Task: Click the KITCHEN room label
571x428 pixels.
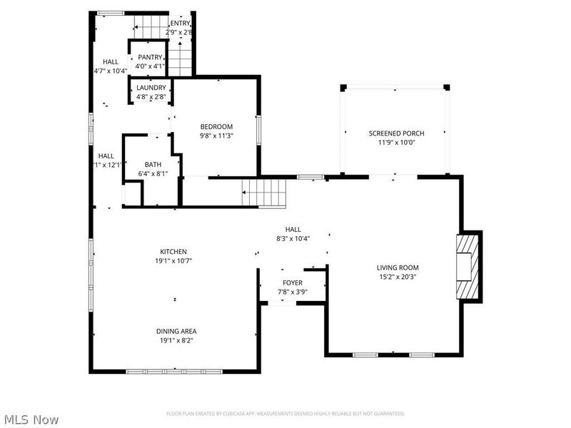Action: coord(173,252)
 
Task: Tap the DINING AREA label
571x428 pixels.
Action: coord(176,331)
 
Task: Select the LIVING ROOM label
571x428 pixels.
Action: coord(397,267)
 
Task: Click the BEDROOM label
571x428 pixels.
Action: coord(216,126)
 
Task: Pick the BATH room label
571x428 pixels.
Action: coord(153,164)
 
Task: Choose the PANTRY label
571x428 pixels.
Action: coord(151,57)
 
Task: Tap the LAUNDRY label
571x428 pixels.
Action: coord(151,88)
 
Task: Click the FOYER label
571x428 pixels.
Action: coord(293,283)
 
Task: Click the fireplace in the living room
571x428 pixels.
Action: coord(466,266)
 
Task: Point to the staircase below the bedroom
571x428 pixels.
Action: coord(264,192)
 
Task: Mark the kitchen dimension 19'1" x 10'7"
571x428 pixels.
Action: coord(173,261)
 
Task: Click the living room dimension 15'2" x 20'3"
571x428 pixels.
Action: coord(397,277)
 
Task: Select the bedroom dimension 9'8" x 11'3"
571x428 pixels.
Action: coord(216,136)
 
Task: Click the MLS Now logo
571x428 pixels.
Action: coord(31,419)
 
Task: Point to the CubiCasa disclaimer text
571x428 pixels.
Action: coord(285,414)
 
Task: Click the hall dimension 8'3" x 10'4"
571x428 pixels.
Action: coord(293,238)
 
